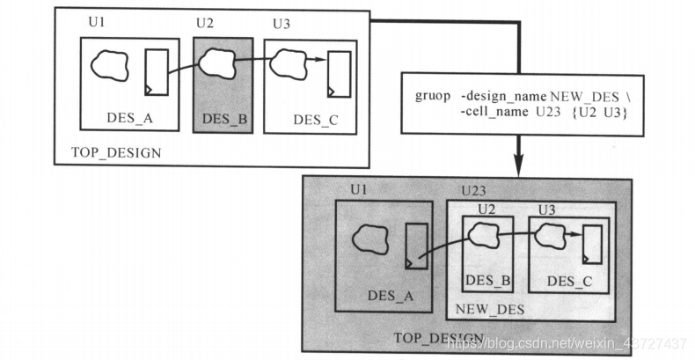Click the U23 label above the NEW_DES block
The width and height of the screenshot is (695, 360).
pos(474,190)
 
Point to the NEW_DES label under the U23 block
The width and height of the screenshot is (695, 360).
pos(488,309)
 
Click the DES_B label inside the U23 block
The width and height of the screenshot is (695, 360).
pos(488,281)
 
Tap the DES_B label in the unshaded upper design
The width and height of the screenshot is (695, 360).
pos(223,119)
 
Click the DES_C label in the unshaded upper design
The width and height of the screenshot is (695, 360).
pos(315,120)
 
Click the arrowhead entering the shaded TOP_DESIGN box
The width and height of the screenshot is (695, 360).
pos(519,166)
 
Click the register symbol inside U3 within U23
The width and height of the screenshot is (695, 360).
pos(591,244)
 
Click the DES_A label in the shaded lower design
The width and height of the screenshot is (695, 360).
pos(391,296)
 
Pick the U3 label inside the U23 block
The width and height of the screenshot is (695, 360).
pos(545,209)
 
